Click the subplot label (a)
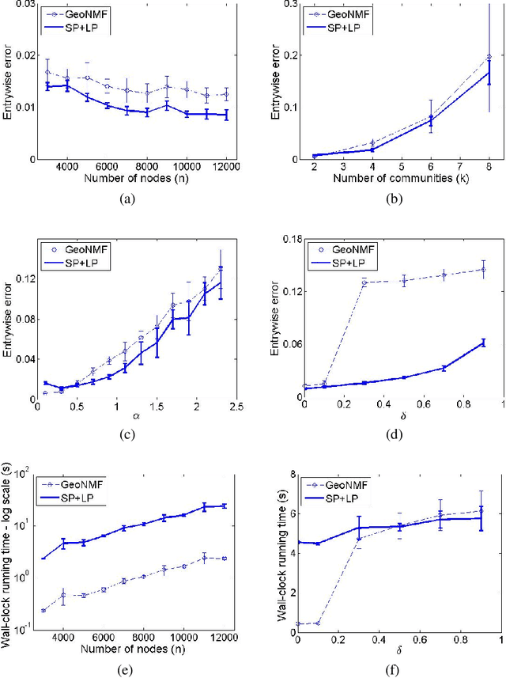[x=125, y=201]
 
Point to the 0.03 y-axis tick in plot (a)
[x=25, y=6]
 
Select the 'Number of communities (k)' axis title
[x=393, y=180]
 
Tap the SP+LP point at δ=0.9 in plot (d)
[x=483, y=342]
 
